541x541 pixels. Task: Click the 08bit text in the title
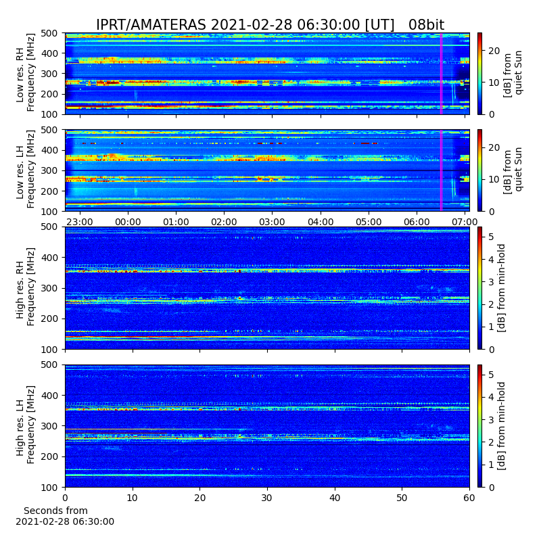(426, 25)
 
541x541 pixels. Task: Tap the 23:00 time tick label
(80, 222)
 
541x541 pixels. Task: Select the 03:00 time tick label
(273, 222)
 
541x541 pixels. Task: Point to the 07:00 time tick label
(465, 222)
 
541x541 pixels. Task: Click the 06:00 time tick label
(417, 222)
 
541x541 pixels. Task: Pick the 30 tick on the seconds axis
(267, 498)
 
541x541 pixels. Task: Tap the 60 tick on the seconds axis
(469, 498)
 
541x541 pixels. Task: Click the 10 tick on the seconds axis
(133, 498)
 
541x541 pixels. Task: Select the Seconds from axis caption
(55, 511)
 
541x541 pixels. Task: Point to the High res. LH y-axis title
(20, 426)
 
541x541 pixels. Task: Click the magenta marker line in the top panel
(441, 74)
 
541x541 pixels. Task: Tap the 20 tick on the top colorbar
(494, 51)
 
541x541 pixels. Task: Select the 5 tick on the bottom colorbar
(491, 375)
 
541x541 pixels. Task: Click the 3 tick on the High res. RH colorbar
(491, 282)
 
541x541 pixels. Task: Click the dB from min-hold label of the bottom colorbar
(501, 426)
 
